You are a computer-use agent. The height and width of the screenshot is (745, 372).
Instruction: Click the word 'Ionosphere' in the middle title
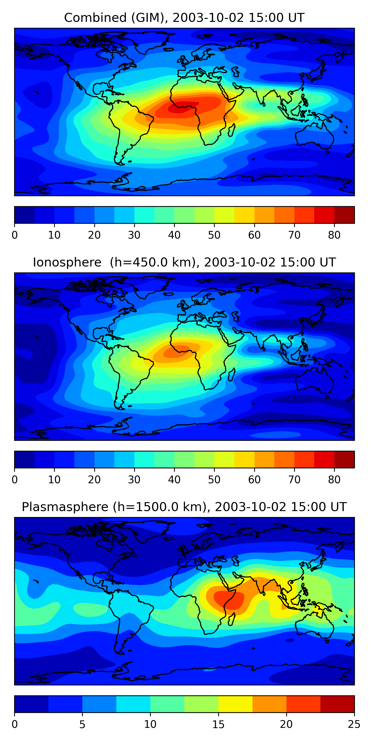[x=67, y=262]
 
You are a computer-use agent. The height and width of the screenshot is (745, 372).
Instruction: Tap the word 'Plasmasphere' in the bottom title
[x=65, y=507]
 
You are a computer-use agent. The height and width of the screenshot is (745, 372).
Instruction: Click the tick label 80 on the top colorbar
[x=334, y=235]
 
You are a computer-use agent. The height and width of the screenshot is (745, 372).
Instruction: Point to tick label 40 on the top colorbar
[x=174, y=235]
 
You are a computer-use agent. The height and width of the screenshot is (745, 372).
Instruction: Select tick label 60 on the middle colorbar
[x=254, y=480]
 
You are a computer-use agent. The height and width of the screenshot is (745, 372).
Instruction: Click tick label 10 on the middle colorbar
[x=54, y=480]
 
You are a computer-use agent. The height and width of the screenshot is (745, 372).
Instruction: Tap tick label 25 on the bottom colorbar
[x=354, y=724]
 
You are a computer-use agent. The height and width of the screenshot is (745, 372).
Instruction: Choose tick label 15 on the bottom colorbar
[x=218, y=724]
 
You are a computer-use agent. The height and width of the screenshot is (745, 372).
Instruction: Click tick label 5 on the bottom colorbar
[x=82, y=724]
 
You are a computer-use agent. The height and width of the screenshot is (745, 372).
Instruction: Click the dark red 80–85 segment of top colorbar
[x=344, y=215]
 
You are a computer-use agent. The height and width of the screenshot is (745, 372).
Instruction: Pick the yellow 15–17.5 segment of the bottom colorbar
[x=235, y=704]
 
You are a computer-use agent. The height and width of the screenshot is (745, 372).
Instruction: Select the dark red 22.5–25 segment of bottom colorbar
[x=337, y=704]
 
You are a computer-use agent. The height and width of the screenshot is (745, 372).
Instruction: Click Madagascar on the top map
[x=231, y=130]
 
